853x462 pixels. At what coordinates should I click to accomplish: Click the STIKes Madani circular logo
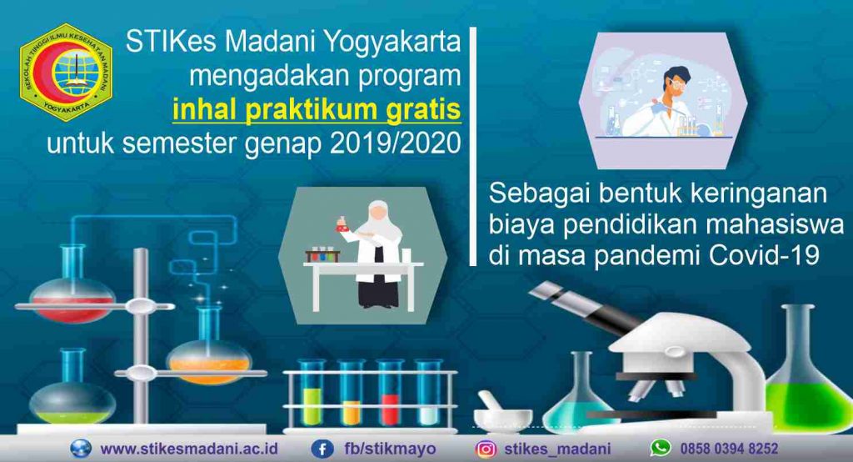[x=66, y=72]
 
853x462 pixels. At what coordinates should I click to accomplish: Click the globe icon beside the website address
[x=81, y=449]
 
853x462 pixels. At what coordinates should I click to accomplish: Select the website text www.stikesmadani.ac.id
[x=189, y=449]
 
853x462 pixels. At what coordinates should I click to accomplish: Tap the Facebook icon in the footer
[x=322, y=449]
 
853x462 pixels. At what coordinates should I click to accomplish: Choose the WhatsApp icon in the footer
[x=660, y=448]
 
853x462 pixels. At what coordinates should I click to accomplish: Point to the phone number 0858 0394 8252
[x=729, y=449]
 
